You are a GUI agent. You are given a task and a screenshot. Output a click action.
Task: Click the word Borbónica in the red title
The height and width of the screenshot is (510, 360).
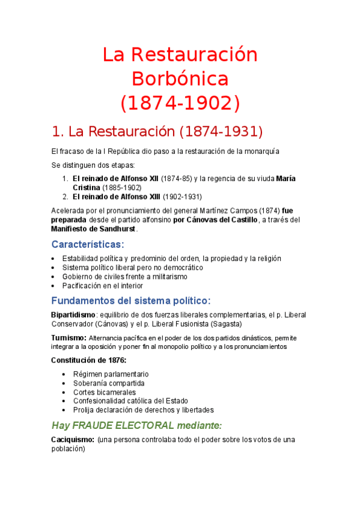[x=180, y=79]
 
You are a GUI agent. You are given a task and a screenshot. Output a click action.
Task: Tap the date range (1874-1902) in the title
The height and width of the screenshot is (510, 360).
[x=180, y=103]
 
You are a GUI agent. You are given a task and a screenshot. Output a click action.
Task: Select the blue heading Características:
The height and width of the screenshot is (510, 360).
[x=88, y=244]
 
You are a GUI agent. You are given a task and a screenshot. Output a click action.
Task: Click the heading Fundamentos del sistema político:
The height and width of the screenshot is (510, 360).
[x=131, y=300]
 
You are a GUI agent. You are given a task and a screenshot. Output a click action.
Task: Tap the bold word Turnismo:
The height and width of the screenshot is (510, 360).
[x=69, y=338]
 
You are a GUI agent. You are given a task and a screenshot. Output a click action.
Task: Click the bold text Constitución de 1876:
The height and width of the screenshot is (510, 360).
[x=88, y=360]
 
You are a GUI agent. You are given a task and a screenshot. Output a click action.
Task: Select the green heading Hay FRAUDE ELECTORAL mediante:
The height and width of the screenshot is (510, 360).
[x=137, y=425]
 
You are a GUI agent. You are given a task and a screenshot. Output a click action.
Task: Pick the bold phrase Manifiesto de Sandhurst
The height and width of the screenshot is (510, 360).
[x=94, y=229]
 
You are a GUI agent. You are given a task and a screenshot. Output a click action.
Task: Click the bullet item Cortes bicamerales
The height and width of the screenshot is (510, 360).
[x=105, y=392]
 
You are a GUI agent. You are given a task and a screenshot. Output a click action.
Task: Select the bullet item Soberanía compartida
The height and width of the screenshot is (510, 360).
[x=109, y=383]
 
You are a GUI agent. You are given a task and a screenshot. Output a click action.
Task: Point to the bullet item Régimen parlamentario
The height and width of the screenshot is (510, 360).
[x=111, y=374]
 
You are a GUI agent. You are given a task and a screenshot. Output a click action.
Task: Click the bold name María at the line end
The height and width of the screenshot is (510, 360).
[x=285, y=179]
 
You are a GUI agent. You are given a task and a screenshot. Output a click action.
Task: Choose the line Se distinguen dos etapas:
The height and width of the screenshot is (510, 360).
[x=93, y=165]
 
